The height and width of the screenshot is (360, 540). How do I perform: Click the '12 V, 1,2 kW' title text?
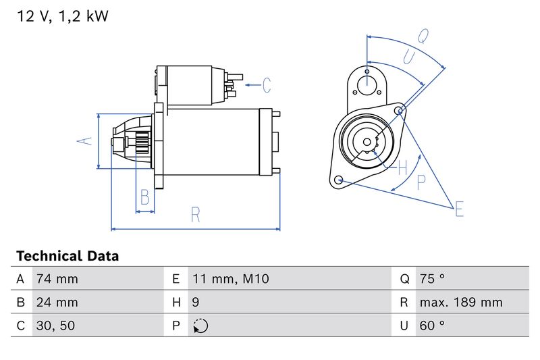click(62, 17)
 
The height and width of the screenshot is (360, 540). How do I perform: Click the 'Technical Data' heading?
click(67, 256)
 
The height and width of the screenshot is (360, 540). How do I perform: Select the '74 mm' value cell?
click(57, 279)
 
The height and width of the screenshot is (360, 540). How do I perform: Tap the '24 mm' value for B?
click(57, 302)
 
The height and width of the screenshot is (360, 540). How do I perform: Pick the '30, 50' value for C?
click(56, 326)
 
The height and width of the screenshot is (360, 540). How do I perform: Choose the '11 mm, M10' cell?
click(231, 279)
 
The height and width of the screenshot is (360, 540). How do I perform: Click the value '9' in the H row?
click(196, 302)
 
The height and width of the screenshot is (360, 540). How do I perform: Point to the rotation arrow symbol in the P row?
click(200, 326)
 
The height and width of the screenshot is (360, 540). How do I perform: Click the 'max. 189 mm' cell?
click(460, 302)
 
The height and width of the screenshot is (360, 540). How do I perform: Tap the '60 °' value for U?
click(432, 326)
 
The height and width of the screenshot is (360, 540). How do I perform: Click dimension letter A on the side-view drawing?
click(84, 140)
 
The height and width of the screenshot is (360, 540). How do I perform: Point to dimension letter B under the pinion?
click(144, 198)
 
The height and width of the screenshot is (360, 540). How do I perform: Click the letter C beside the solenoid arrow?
click(267, 85)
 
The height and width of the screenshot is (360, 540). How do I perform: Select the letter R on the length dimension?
click(195, 215)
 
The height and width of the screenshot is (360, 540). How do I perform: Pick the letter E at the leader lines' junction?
click(459, 209)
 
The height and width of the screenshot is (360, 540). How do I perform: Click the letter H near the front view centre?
click(402, 167)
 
